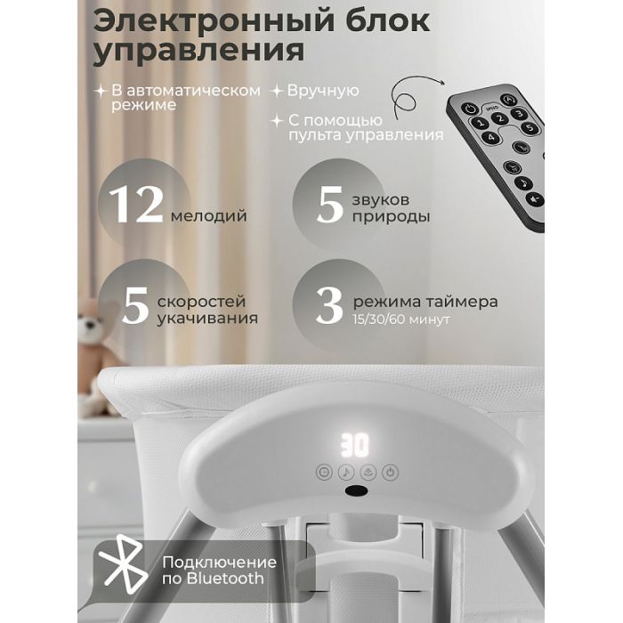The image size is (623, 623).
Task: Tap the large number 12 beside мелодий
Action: click(x=136, y=205)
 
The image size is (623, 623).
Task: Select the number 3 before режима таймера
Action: click(x=329, y=305)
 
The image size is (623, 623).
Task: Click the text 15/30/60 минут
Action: click(x=401, y=320)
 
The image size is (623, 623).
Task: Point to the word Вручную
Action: click(x=323, y=91)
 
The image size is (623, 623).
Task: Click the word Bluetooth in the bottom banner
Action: click(x=225, y=578)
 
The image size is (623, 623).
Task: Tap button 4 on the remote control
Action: click(x=491, y=137)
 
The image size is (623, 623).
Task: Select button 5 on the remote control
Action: click(x=530, y=128)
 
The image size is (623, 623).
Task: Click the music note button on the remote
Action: click(x=523, y=183)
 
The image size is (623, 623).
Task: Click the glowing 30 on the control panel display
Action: click(x=355, y=446)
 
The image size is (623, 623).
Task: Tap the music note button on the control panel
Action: click(x=346, y=473)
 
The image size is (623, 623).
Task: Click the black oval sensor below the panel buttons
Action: click(x=356, y=491)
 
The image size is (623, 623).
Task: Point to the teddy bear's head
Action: click(x=93, y=322)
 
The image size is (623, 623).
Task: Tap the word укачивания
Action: click(x=207, y=319)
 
